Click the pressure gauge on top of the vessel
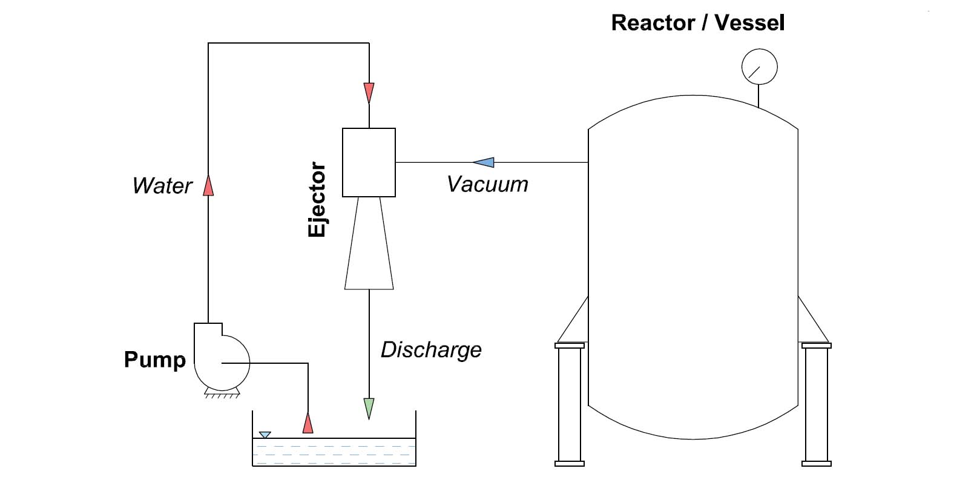pyautogui.click(x=759, y=67)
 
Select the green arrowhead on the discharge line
pyautogui.click(x=369, y=409)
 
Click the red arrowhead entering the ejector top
pyautogui.click(x=369, y=93)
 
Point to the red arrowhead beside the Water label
pyautogui.click(x=208, y=185)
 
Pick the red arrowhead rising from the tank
pyautogui.click(x=308, y=423)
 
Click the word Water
pyautogui.click(x=162, y=186)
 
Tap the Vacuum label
pyautogui.click(x=487, y=184)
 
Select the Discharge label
pyautogui.click(x=431, y=349)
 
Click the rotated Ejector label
pyautogui.click(x=317, y=199)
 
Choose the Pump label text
pyautogui.click(x=154, y=360)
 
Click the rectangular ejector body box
pyautogui.click(x=369, y=162)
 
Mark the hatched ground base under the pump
pyautogui.click(x=222, y=395)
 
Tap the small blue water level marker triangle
pyautogui.click(x=265, y=435)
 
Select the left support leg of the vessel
pyautogui.click(x=569, y=404)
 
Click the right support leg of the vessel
pyautogui.click(x=816, y=404)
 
